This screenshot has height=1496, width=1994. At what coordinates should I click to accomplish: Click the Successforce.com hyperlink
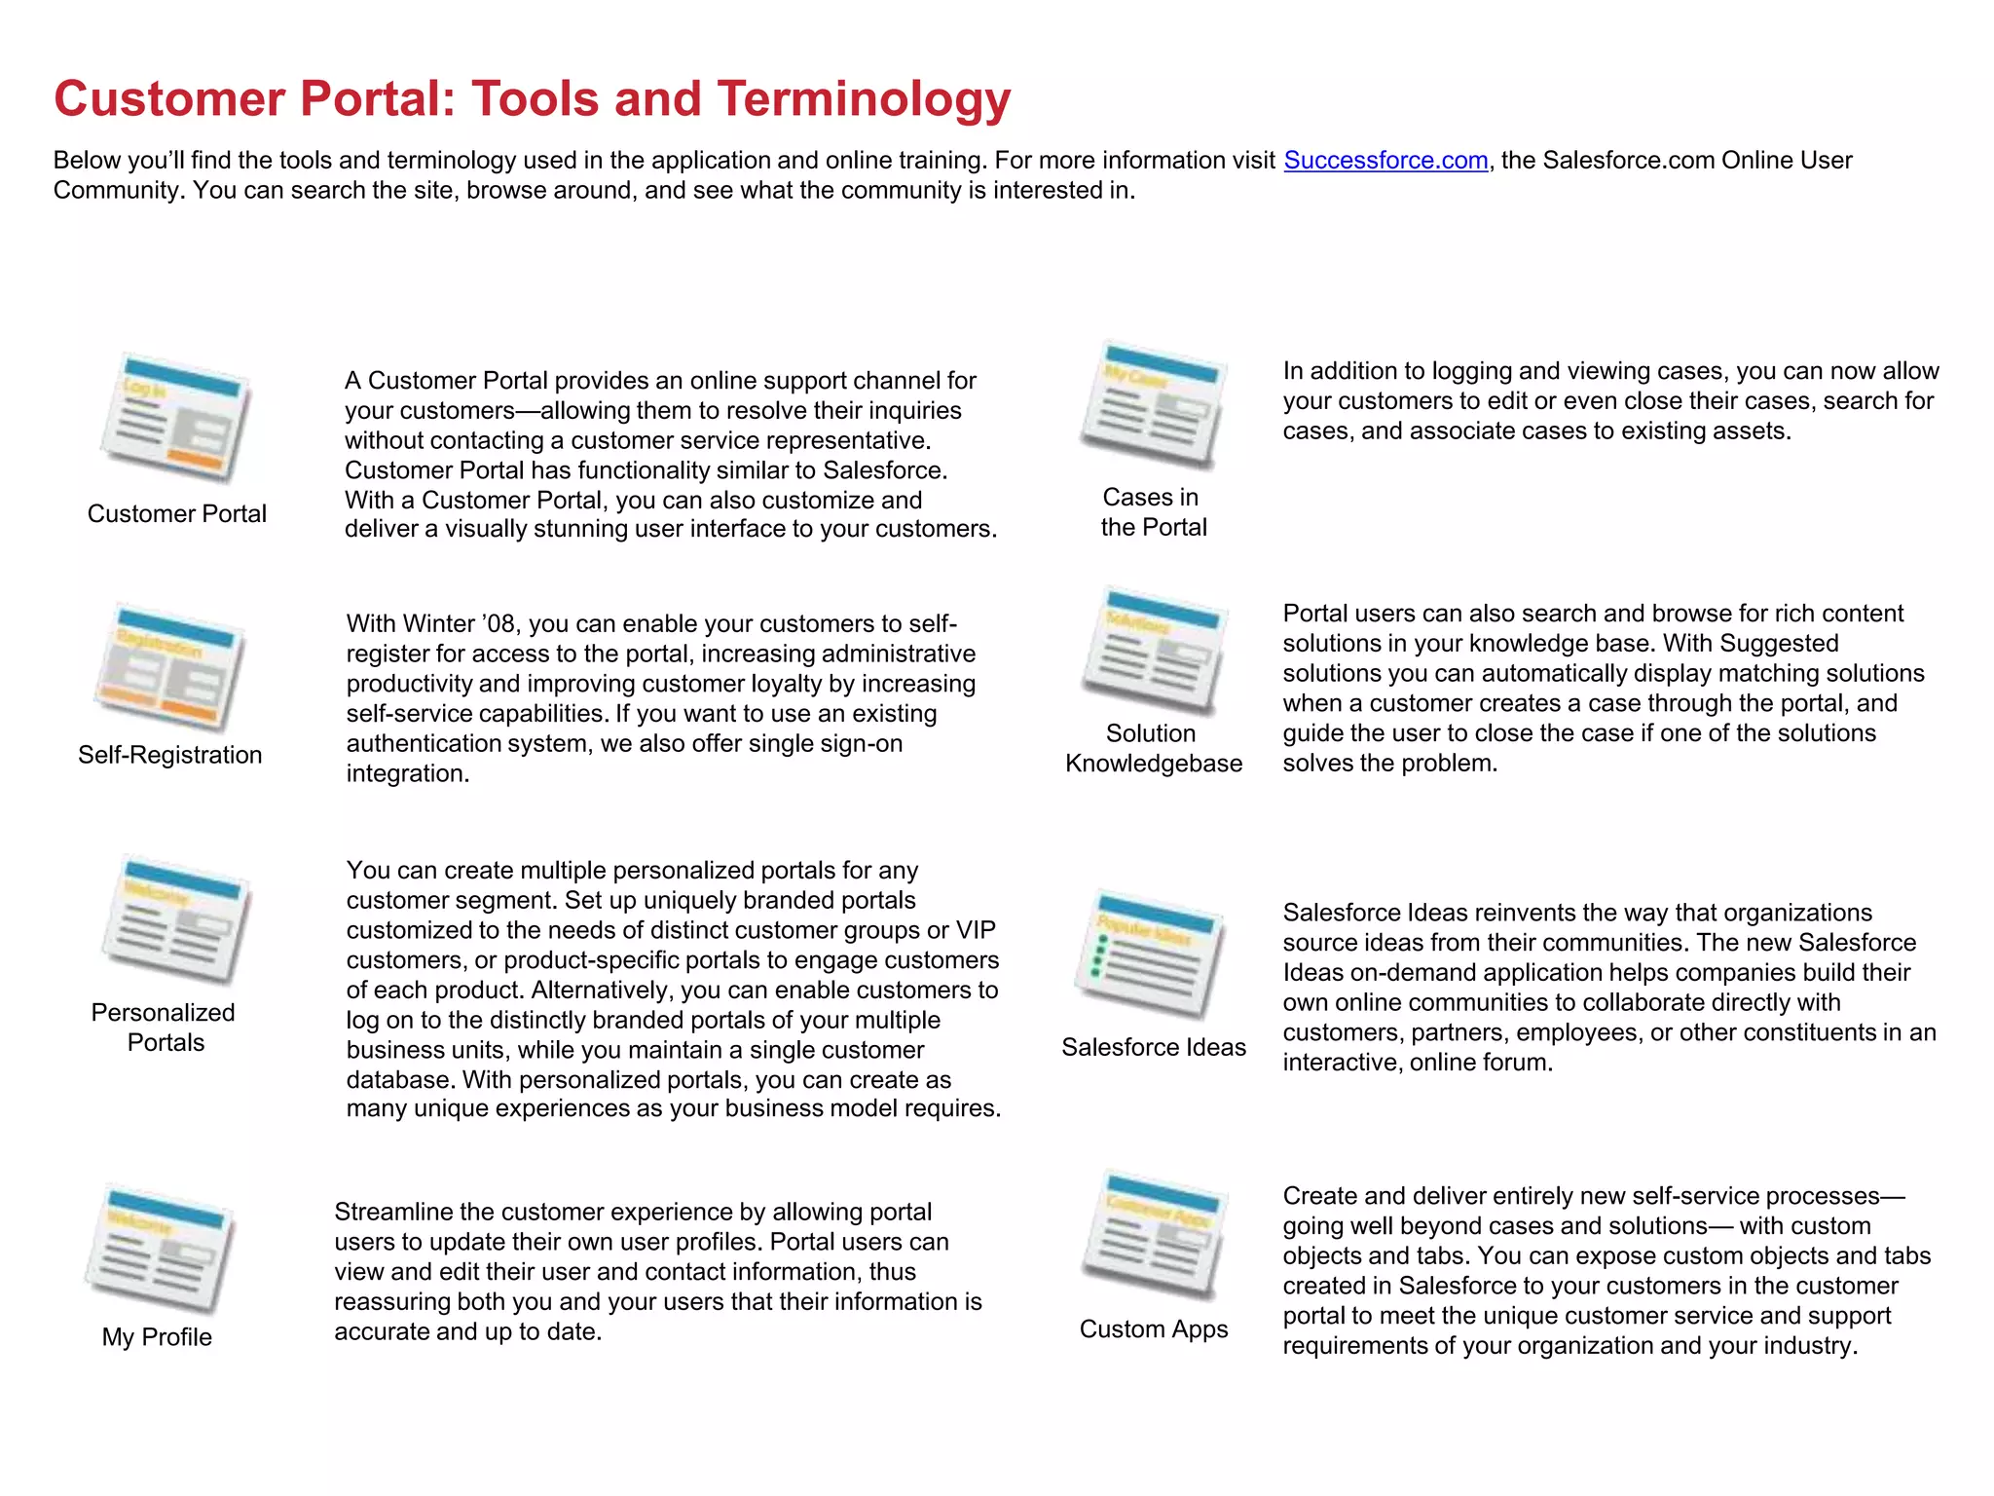pyautogui.click(x=1385, y=161)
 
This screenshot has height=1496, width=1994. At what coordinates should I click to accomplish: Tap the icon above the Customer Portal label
pyautogui.click(x=176, y=419)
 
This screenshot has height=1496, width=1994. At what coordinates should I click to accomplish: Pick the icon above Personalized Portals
pyautogui.click(x=176, y=920)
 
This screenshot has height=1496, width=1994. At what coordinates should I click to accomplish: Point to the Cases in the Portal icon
pyautogui.click(x=1153, y=405)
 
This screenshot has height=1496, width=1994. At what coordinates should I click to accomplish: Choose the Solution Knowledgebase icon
pyautogui.click(x=1153, y=651)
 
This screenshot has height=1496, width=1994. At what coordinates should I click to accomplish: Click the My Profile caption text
pyautogui.click(x=157, y=1337)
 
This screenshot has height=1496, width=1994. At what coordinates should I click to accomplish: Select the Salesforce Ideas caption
pyautogui.click(x=1153, y=1047)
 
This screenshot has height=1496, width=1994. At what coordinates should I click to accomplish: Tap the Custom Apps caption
pyautogui.click(x=1153, y=1329)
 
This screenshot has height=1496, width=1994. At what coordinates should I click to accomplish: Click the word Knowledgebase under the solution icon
pyautogui.click(x=1153, y=764)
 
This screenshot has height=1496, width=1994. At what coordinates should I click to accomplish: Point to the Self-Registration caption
pyautogui.click(x=170, y=755)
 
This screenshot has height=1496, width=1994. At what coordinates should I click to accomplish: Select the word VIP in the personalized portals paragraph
pyautogui.click(x=976, y=930)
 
